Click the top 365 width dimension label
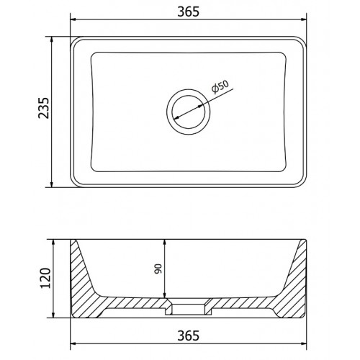pyautogui.click(x=189, y=12)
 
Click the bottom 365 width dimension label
pyautogui.click(x=189, y=336)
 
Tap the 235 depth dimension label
pyautogui.click(x=44, y=108)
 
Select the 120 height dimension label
pyautogui.click(x=45, y=278)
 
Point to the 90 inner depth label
pyautogui.click(x=158, y=269)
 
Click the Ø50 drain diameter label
pyautogui.click(x=220, y=87)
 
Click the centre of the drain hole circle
pyautogui.click(x=189, y=112)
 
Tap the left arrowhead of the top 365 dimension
pyautogui.click(x=72, y=19)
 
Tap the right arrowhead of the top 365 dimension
pyautogui.click(x=304, y=19)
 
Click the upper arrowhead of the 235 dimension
pyautogui.click(x=51, y=39)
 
